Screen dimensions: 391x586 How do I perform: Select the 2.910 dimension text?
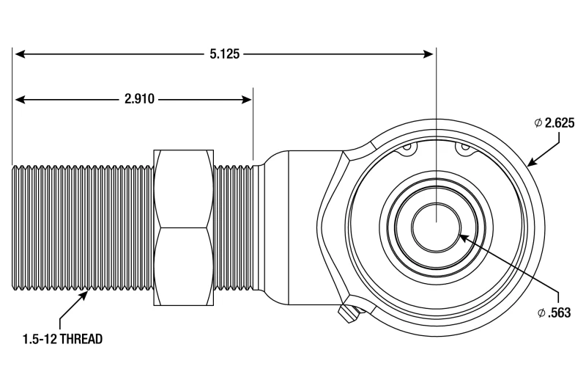pos(139,99)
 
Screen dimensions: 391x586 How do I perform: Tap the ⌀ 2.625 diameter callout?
pos(553,123)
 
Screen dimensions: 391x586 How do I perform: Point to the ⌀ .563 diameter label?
pos(553,313)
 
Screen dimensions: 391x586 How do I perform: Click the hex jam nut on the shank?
pos(183,227)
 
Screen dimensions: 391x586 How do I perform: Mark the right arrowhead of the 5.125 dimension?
pos(430,54)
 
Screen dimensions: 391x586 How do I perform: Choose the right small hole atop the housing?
pos(464,150)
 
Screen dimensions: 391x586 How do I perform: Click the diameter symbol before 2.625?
pos(538,123)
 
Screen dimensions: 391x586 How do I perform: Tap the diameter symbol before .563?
pos(541,313)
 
